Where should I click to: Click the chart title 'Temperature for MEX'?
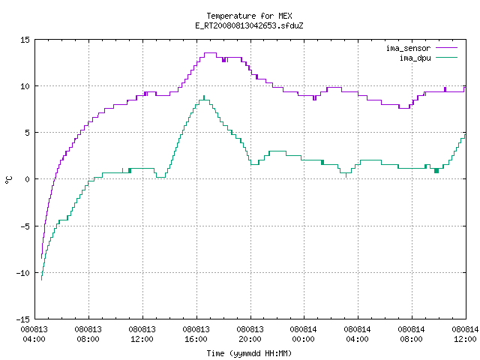(249, 16)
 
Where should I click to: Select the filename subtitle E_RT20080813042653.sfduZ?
(249, 25)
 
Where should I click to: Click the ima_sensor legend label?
(408, 48)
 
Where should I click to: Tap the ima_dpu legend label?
(415, 58)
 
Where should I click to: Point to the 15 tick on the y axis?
(25, 40)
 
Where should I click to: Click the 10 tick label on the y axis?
(25, 86)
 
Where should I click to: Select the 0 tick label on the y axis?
(28, 179)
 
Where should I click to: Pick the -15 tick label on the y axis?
(22, 319)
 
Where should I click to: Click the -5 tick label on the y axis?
(25, 226)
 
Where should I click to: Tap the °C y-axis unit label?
(8, 180)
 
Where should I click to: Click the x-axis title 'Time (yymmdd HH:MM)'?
(249, 353)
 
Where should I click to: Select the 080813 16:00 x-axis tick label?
(196, 334)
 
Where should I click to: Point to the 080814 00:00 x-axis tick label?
(304, 334)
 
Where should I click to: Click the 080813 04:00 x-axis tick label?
(34, 334)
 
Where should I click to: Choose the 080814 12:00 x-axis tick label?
(465, 334)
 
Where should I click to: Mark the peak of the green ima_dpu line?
(204, 96)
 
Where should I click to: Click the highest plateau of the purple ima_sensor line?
(210, 53)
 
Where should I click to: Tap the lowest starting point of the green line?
(42, 280)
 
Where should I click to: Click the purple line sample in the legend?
(446, 48)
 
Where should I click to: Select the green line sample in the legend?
(446, 58)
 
